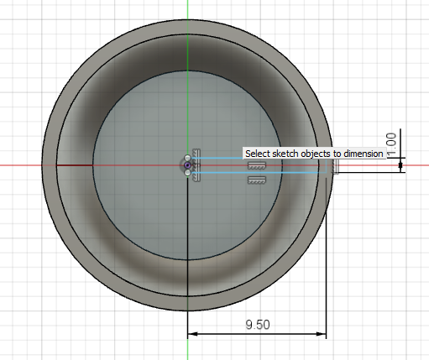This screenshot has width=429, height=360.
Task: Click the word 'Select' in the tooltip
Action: click(257, 154)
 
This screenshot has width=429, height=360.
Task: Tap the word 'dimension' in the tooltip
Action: click(362, 154)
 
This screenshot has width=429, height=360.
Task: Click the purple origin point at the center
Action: click(187, 165)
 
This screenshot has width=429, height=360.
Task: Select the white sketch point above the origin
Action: click(187, 157)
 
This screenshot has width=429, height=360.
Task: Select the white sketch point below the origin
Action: click(187, 174)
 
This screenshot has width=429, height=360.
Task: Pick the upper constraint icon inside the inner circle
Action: click(256, 168)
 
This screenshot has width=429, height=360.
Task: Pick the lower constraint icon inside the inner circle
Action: click(256, 179)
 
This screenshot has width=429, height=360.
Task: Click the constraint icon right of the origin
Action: click(197, 164)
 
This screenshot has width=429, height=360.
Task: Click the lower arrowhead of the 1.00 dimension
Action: click(401, 167)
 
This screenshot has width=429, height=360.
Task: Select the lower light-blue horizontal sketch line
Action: click(252, 174)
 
